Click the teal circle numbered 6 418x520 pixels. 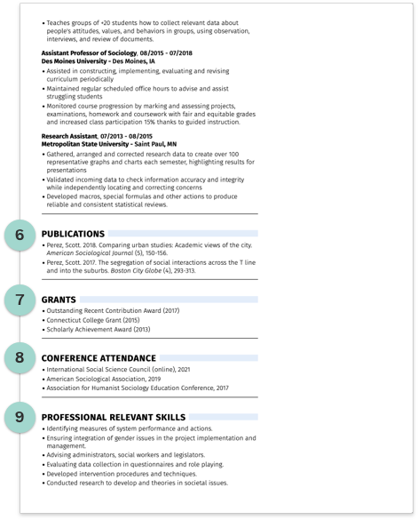tap(20, 236)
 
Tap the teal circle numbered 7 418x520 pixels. tap(20, 300)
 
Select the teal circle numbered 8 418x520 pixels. tap(20, 357)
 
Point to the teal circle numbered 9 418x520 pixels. tap(20, 416)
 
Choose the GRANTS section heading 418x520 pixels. tap(59, 300)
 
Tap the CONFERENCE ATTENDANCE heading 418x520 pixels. tap(99, 358)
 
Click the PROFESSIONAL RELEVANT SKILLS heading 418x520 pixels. tap(114, 417)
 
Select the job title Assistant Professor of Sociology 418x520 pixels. tap(88, 53)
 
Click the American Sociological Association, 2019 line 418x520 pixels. tap(99, 379)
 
